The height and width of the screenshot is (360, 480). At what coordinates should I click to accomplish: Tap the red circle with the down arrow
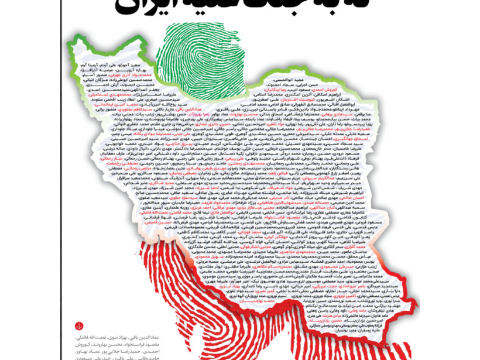[79, 326]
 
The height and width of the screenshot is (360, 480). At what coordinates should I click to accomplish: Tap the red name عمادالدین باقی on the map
[173, 109]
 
